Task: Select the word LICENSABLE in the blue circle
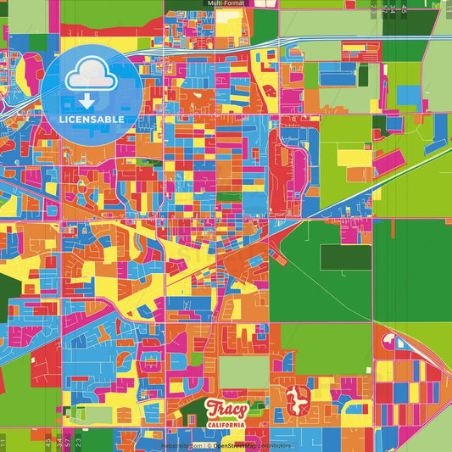tap(92, 120)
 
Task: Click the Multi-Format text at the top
tap(226, 3)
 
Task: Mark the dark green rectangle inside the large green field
tap(345, 257)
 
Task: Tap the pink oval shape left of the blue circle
tap(32, 70)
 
